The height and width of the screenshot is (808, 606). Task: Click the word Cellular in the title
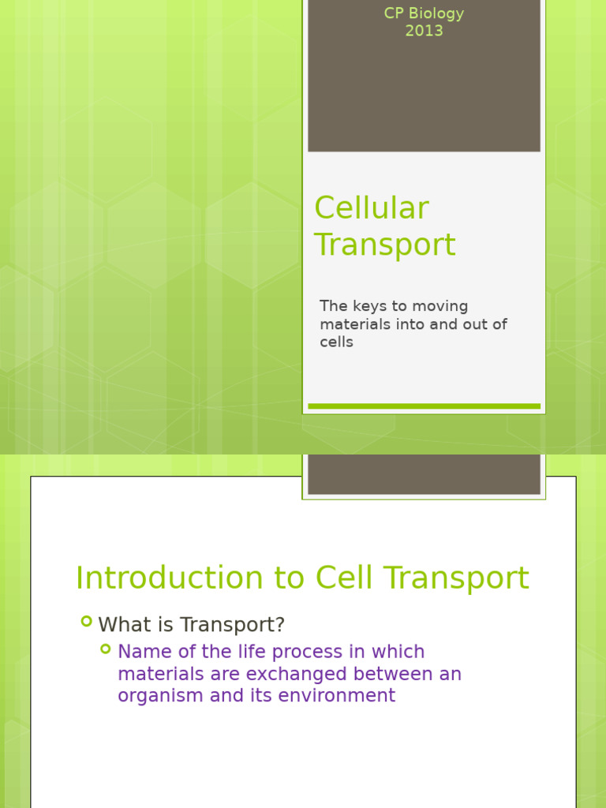pyautogui.click(x=372, y=209)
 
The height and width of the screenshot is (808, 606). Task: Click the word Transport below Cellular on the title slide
pyautogui.click(x=385, y=245)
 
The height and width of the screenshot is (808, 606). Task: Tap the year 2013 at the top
pyautogui.click(x=424, y=32)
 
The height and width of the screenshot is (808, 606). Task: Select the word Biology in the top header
pyautogui.click(x=436, y=13)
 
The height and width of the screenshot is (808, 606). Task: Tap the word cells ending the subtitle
pyautogui.click(x=336, y=342)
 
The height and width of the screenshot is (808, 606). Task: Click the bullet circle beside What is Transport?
pyautogui.click(x=86, y=622)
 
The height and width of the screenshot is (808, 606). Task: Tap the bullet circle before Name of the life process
pyautogui.click(x=106, y=649)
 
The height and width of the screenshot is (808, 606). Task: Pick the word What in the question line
pyautogui.click(x=124, y=625)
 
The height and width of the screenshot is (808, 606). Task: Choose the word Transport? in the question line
pyautogui.click(x=232, y=625)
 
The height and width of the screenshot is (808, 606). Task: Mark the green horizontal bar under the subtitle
pyautogui.click(x=424, y=406)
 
